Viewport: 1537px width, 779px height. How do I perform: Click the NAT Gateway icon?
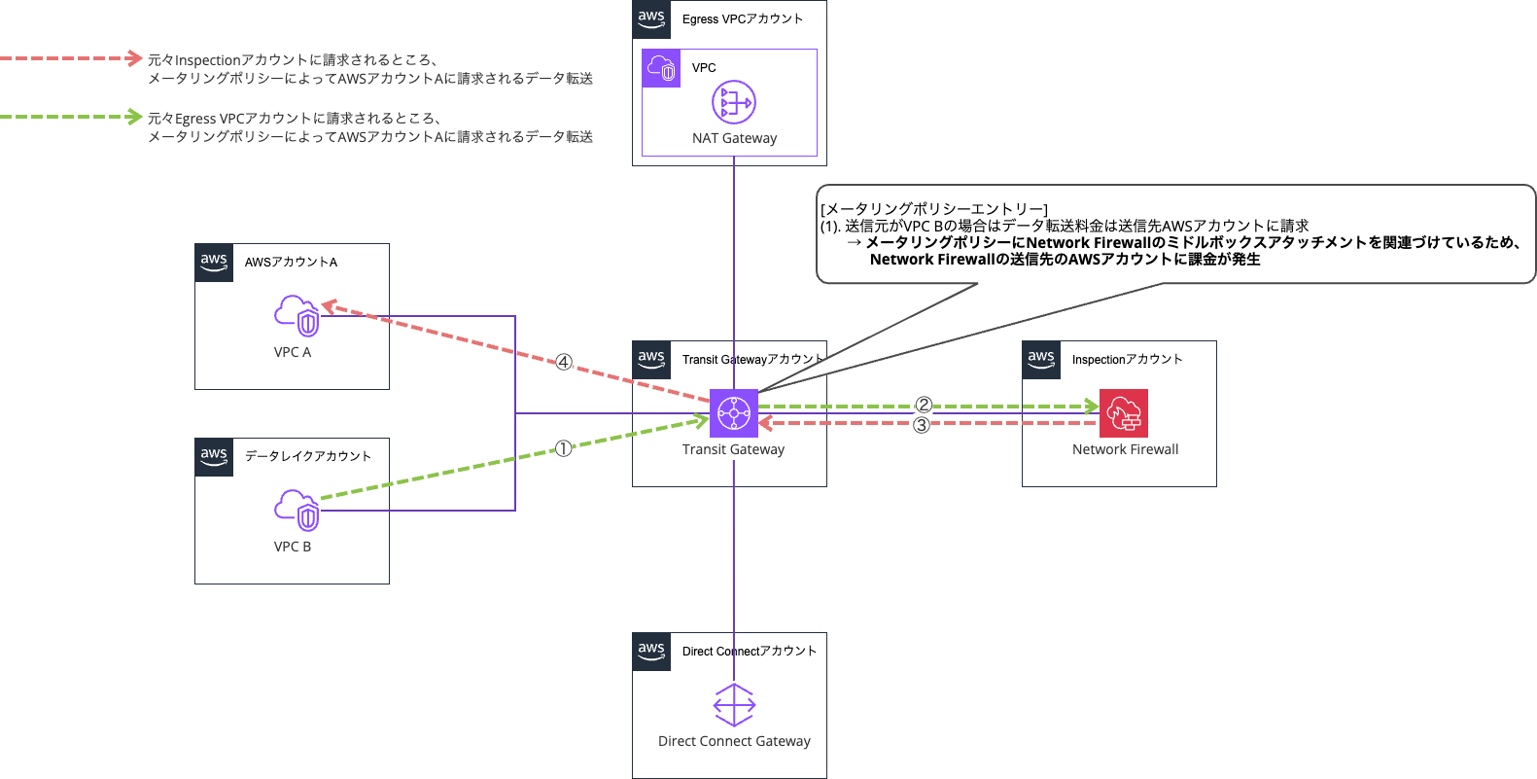734,103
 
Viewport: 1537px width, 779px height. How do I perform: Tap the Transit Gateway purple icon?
734,413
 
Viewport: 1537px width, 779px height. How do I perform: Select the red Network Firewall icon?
1124,413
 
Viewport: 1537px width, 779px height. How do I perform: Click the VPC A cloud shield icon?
297,315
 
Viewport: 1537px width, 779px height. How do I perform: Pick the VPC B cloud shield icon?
297,510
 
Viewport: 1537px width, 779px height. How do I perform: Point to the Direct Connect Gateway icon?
734,705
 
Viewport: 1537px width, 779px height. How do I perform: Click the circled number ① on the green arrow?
564,448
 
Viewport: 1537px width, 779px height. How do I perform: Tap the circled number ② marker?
924,406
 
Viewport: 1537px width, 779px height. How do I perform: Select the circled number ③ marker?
922,425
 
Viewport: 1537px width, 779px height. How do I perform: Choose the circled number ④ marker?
564,363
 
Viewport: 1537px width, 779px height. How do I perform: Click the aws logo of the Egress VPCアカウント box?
651,19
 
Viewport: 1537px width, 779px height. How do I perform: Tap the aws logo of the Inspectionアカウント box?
1041,360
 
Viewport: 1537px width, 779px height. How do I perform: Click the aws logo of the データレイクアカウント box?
214,457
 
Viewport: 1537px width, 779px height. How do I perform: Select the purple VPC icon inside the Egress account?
661,68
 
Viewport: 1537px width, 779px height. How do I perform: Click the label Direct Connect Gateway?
734,741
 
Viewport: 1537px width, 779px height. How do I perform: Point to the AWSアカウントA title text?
291,263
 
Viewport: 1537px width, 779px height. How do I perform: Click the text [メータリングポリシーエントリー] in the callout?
934,209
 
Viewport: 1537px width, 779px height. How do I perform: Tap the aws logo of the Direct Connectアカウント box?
651,652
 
